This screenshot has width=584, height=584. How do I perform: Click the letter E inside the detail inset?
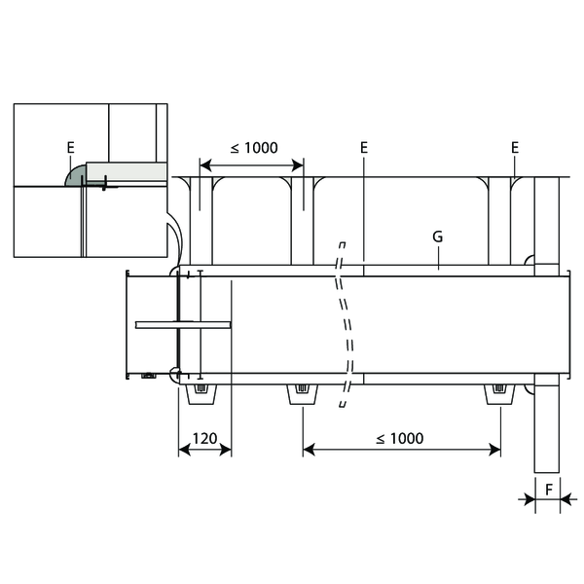click(71, 148)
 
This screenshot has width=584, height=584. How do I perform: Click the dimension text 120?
click(204, 438)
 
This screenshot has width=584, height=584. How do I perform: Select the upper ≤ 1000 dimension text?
click(254, 148)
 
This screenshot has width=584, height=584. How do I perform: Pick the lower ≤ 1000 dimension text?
click(400, 438)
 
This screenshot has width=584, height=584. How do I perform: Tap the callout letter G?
click(438, 237)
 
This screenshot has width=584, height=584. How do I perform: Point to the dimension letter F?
click(549, 490)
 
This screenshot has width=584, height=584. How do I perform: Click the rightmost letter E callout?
click(515, 148)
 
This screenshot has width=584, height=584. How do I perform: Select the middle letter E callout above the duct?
click(364, 148)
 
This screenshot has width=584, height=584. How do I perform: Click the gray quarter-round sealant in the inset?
click(76, 176)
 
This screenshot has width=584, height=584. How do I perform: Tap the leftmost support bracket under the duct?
click(201, 394)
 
